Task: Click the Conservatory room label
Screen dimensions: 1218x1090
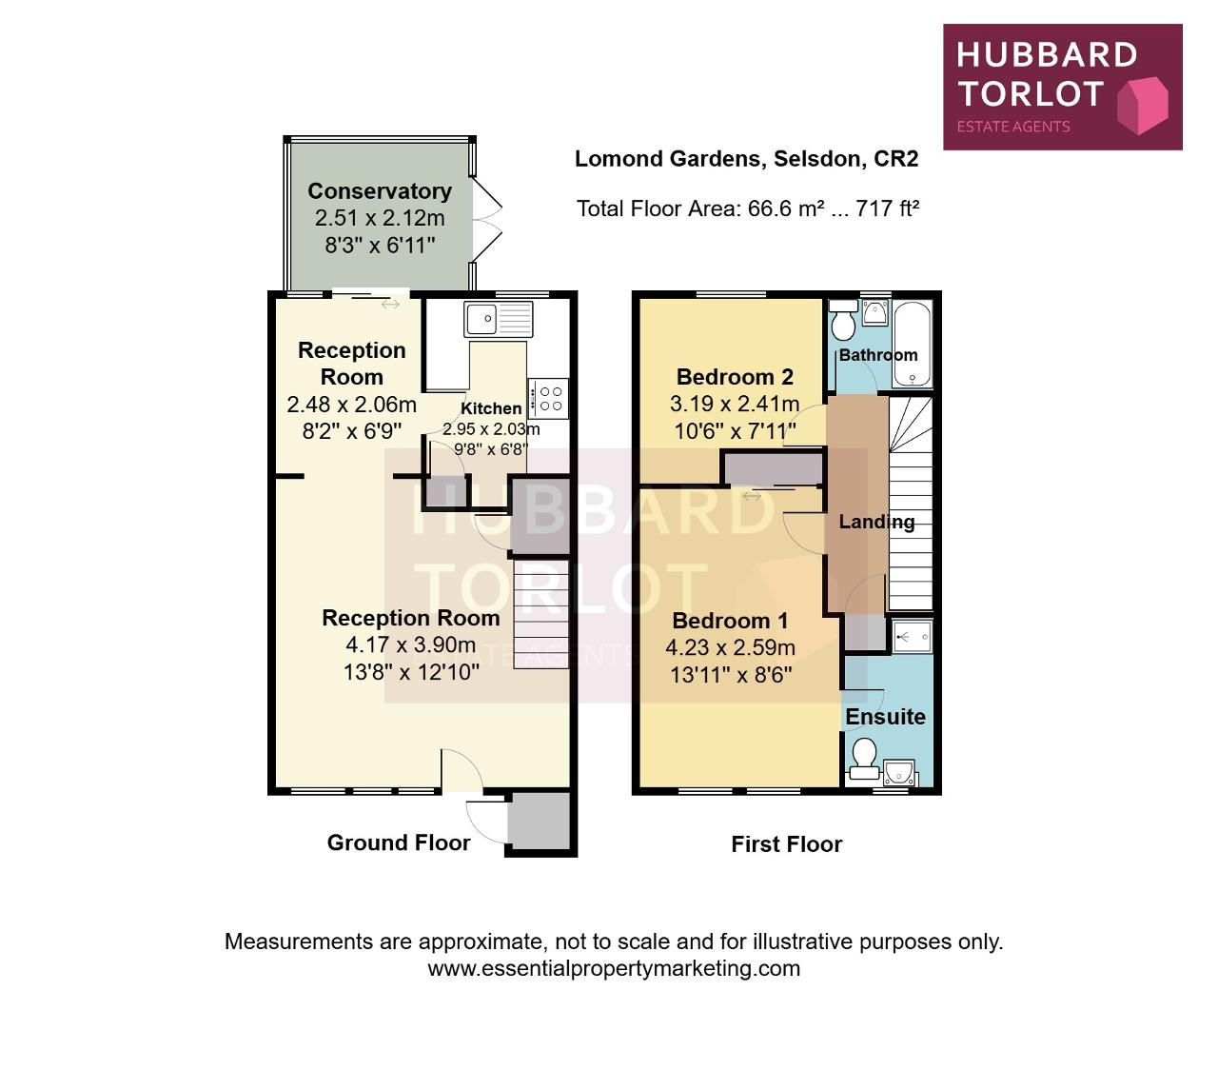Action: pyautogui.click(x=380, y=191)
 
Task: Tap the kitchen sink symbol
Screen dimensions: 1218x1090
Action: pyautogui.click(x=499, y=319)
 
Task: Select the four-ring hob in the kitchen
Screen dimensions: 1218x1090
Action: pyautogui.click(x=548, y=398)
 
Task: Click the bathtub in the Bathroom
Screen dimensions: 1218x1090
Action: pyautogui.click(x=912, y=343)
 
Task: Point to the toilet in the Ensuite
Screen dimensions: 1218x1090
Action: pyautogui.click(x=864, y=761)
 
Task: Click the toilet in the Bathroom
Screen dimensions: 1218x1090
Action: pyautogui.click(x=843, y=320)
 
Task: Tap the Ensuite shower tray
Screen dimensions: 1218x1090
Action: pyautogui.click(x=912, y=637)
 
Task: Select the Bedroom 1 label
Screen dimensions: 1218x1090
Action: pyautogui.click(x=730, y=620)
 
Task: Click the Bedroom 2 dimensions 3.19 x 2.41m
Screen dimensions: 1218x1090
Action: pyautogui.click(x=735, y=404)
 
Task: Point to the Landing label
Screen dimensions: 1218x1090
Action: pyautogui.click(x=876, y=522)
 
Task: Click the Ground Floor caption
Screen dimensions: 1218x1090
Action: pyautogui.click(x=399, y=842)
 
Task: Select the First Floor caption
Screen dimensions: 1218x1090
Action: pyautogui.click(x=786, y=844)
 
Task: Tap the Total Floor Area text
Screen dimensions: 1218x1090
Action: pyautogui.click(x=748, y=208)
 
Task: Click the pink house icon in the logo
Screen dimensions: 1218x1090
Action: pyautogui.click(x=1142, y=105)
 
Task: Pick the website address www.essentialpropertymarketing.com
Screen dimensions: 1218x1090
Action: pyautogui.click(x=614, y=968)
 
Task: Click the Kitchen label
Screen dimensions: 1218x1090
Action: pyautogui.click(x=491, y=408)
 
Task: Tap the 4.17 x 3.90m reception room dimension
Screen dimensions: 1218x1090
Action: pyautogui.click(x=411, y=644)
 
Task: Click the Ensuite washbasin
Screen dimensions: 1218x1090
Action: pyautogui.click(x=899, y=772)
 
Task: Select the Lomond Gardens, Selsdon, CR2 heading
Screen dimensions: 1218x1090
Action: pyautogui.click(x=747, y=159)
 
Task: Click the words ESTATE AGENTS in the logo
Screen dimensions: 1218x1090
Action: pyautogui.click(x=1013, y=127)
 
